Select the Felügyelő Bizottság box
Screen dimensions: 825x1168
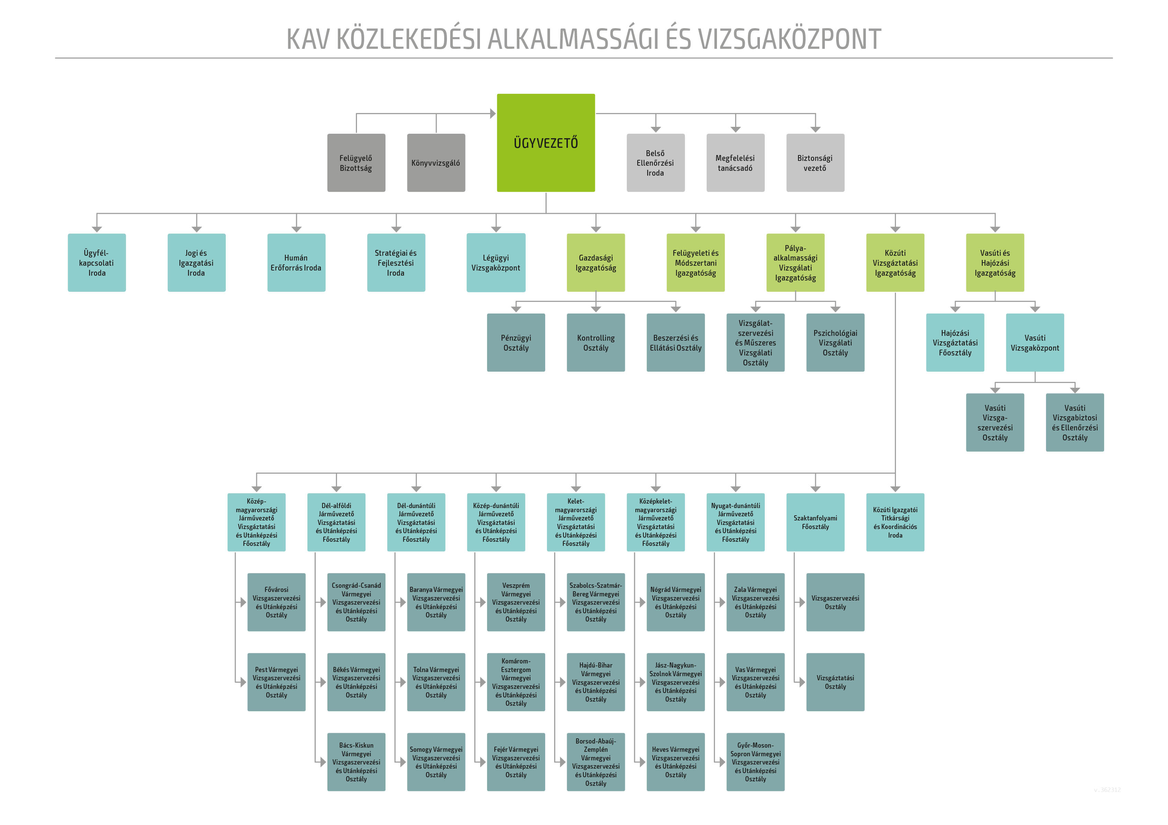click(356, 163)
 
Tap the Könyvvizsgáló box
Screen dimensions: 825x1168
click(436, 163)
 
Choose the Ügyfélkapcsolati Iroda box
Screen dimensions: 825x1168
click(97, 263)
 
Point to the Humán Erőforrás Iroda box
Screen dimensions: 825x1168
click(296, 263)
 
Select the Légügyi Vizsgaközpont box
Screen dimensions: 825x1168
click(496, 263)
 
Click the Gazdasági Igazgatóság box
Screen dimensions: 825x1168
click(596, 263)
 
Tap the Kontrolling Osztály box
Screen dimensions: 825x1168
click(596, 342)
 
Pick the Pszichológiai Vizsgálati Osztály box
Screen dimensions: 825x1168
click(835, 342)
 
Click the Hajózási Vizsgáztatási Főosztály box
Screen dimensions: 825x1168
click(955, 342)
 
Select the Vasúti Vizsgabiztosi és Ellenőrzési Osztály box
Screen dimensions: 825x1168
click(1075, 422)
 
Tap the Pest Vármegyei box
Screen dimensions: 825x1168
click(276, 682)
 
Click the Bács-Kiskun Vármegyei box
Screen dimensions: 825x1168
click(356, 762)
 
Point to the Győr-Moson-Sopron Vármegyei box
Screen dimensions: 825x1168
click(755, 762)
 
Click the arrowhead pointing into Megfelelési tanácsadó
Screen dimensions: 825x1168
click(735, 129)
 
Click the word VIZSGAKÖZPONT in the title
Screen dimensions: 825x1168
click(789, 39)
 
